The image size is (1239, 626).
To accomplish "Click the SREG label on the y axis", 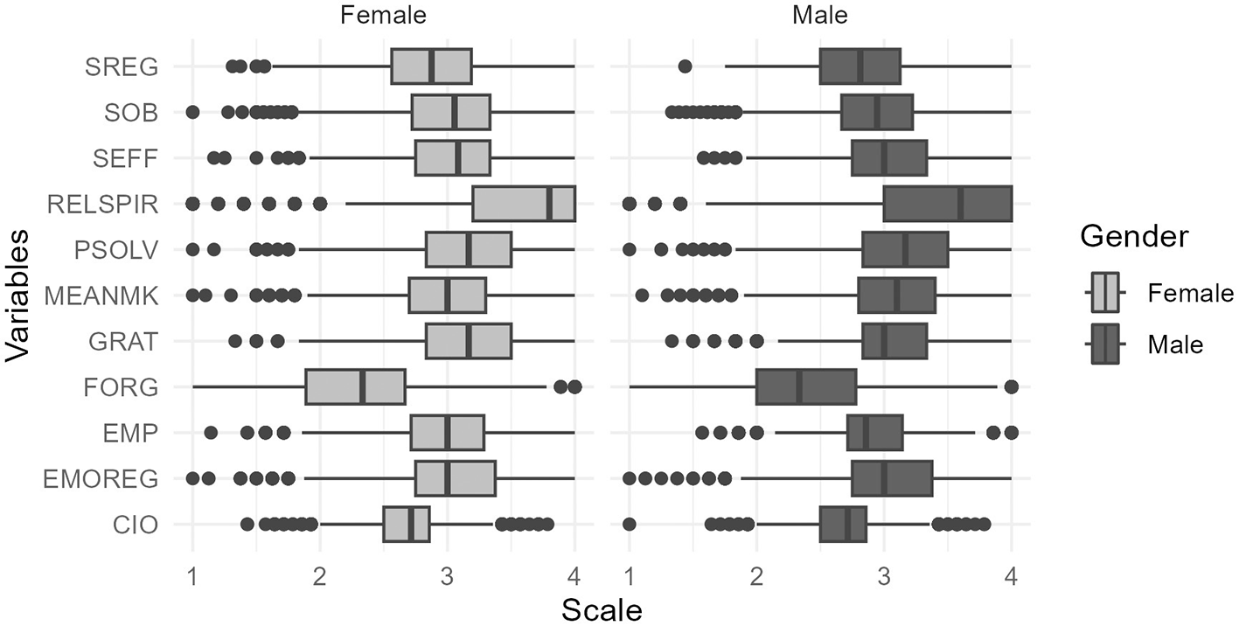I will click(x=122, y=66).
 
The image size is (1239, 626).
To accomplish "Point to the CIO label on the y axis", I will click(x=136, y=525).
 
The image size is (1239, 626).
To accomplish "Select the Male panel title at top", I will click(x=819, y=15).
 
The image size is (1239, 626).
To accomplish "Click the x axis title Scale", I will click(x=602, y=609).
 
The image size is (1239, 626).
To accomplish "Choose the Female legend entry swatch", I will click(x=1105, y=292).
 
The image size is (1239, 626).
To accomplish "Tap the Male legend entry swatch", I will click(x=1105, y=344).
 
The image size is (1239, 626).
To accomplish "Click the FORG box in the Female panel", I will click(x=355, y=386).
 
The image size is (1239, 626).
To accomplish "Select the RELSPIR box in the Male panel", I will click(x=947, y=204).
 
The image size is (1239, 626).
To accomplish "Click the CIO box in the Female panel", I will click(x=406, y=525).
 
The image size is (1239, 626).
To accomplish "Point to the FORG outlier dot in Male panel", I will click(x=1011, y=386).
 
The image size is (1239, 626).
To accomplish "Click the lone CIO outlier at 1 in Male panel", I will click(x=629, y=525).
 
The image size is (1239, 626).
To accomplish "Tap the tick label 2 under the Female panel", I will click(x=320, y=578).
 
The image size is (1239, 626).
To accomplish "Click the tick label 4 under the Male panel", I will click(x=1011, y=578).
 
